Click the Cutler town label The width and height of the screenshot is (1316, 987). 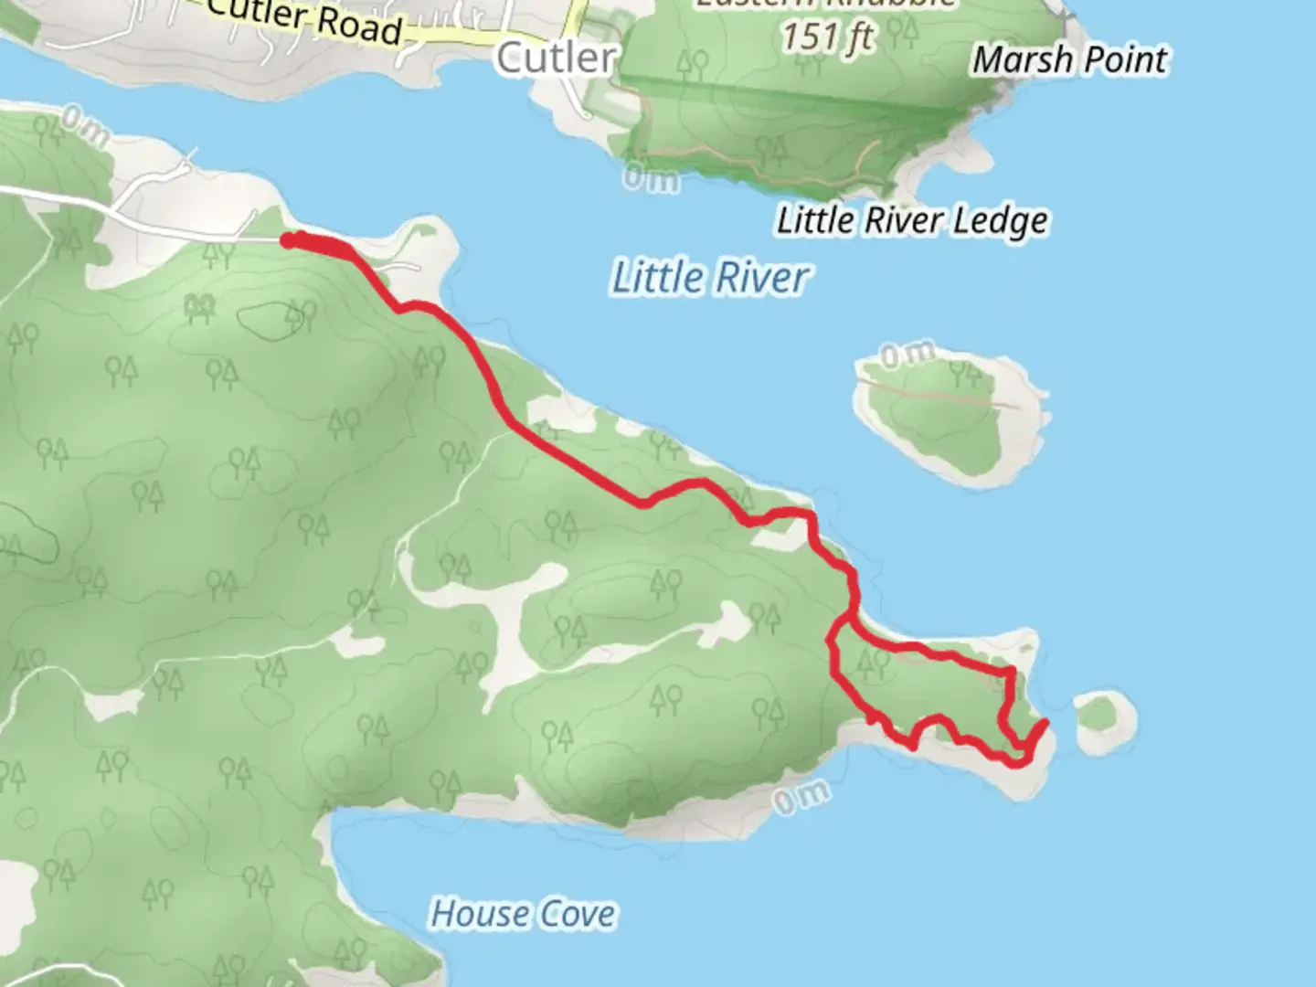click(x=556, y=58)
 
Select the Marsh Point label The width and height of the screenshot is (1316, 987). click(x=1069, y=60)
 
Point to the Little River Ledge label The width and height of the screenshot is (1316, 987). click(x=912, y=221)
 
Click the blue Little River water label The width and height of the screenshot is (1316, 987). click(x=709, y=278)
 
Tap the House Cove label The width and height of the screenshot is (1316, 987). click(x=523, y=914)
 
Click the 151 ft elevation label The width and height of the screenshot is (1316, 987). click(x=827, y=37)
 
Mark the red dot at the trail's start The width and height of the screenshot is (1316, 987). click(x=288, y=240)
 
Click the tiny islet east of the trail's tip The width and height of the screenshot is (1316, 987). click(x=1106, y=721)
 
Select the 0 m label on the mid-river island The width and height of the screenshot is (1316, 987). click(x=907, y=354)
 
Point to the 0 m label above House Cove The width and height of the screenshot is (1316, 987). click(x=801, y=797)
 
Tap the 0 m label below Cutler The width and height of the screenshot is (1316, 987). click(x=652, y=176)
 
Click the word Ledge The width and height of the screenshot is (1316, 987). click(x=1001, y=221)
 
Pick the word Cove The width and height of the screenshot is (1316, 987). click(x=576, y=914)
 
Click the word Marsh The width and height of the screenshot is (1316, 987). click(x=1022, y=60)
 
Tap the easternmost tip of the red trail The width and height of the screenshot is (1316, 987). click(x=1045, y=724)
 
